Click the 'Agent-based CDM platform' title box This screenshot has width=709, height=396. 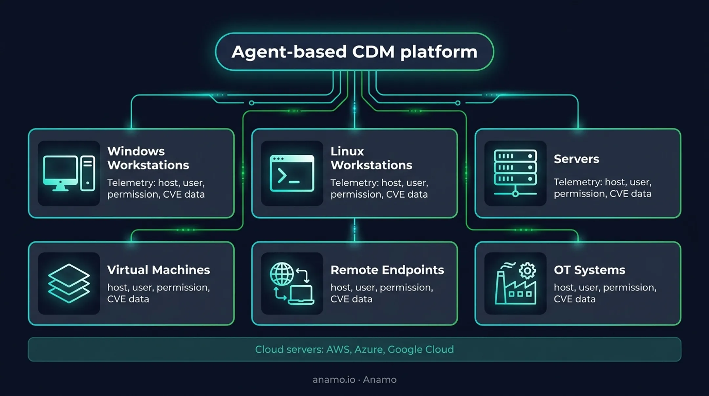click(354, 52)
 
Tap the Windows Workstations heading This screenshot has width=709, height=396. click(148, 158)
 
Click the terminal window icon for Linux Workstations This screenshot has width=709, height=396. click(292, 173)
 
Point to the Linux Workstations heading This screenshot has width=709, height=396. click(371, 158)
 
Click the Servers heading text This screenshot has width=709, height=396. click(576, 159)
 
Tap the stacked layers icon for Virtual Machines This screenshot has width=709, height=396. click(69, 283)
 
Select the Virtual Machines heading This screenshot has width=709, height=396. click(159, 270)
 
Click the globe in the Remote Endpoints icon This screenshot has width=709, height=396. click(282, 274)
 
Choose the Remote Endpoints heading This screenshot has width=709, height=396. click(387, 270)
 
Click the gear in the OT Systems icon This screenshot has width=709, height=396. click(527, 271)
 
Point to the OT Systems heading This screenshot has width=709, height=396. click(590, 270)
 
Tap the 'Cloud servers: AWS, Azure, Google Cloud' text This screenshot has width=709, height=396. click(354, 349)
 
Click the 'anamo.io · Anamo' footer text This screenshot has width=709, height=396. click(354, 380)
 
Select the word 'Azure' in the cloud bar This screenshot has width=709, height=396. click(369, 349)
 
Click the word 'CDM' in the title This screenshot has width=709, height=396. click(373, 52)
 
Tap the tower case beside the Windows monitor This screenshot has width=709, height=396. click(88, 173)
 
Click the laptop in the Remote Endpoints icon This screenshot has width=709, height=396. click(301, 295)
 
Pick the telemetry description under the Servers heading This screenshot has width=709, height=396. click(603, 188)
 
